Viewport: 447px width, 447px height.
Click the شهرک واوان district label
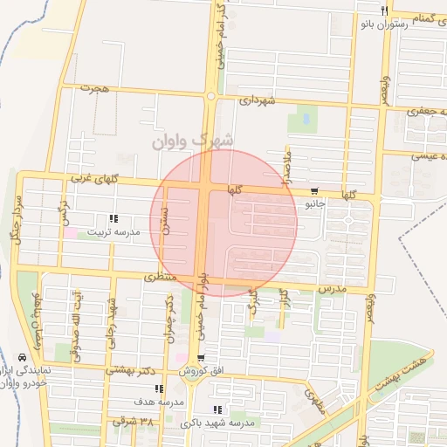[x=192, y=140]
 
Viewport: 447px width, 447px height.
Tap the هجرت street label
[x=91, y=88]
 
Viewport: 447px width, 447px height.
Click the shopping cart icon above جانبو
[x=314, y=191]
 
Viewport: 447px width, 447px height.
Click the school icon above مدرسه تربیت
[x=113, y=219]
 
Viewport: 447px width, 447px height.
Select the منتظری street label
[x=160, y=277]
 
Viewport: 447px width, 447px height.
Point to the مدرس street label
[x=332, y=289]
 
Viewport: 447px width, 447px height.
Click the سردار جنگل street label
[x=16, y=218]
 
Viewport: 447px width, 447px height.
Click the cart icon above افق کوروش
[x=202, y=358]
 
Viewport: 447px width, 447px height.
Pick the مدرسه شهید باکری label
[x=217, y=423]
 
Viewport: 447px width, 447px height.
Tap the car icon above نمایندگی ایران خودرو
[x=21, y=357]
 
